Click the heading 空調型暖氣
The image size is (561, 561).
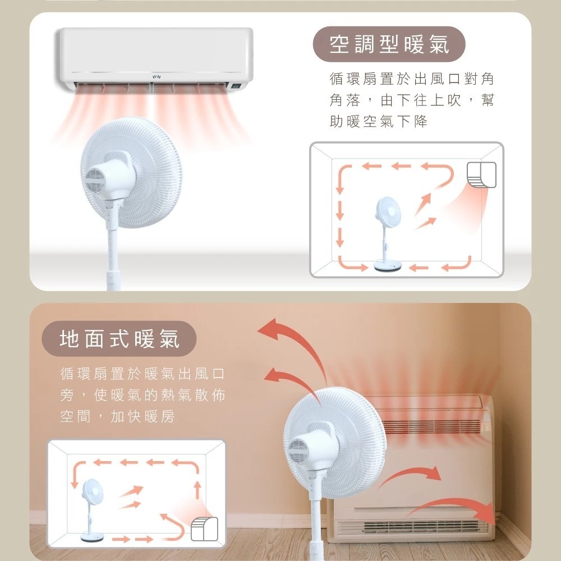[x=389, y=44]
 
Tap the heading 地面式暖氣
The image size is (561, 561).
[x=119, y=339]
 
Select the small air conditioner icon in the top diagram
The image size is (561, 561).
[x=481, y=174]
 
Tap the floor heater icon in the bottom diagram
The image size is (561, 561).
[x=204, y=529]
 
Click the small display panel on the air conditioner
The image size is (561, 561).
[x=236, y=86]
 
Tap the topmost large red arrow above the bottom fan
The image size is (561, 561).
[x=286, y=337]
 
